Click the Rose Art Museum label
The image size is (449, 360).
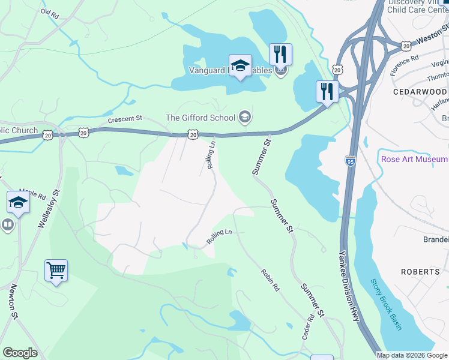pos(414,159)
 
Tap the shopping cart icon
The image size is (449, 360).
pos(56,271)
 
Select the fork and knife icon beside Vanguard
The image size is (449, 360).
pos(280,55)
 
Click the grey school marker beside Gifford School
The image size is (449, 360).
pos(244,116)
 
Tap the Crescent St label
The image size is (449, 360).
pos(124,119)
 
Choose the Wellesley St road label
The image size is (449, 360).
pos(50,208)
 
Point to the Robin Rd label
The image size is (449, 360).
pos(270,280)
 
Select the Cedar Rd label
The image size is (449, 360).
pos(308,328)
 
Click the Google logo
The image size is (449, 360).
pos(20,353)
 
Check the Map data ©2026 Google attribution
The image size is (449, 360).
pos(411,355)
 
